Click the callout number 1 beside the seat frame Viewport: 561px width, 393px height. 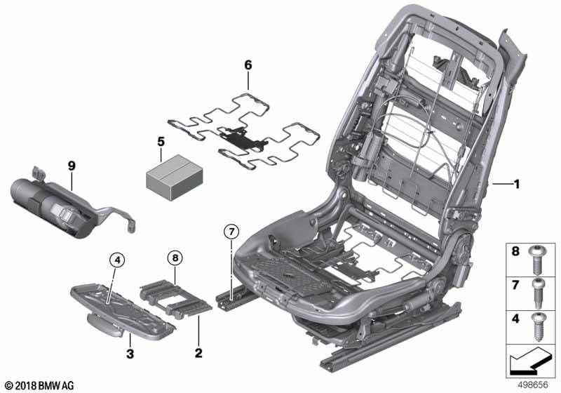516,185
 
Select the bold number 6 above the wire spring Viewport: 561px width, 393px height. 248,65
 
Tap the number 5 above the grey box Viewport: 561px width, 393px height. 161,142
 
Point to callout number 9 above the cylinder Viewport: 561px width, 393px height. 72,166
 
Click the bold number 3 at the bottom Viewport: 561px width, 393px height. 130,354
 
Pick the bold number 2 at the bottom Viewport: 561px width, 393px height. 198,353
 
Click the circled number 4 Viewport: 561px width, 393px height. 117,260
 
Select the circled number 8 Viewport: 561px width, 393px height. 175,258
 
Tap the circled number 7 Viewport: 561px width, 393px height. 231,232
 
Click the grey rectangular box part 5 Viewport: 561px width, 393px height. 174,178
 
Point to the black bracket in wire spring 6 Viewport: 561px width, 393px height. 243,138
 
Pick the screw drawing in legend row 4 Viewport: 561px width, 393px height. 538,326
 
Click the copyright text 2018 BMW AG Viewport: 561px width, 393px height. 40,385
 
